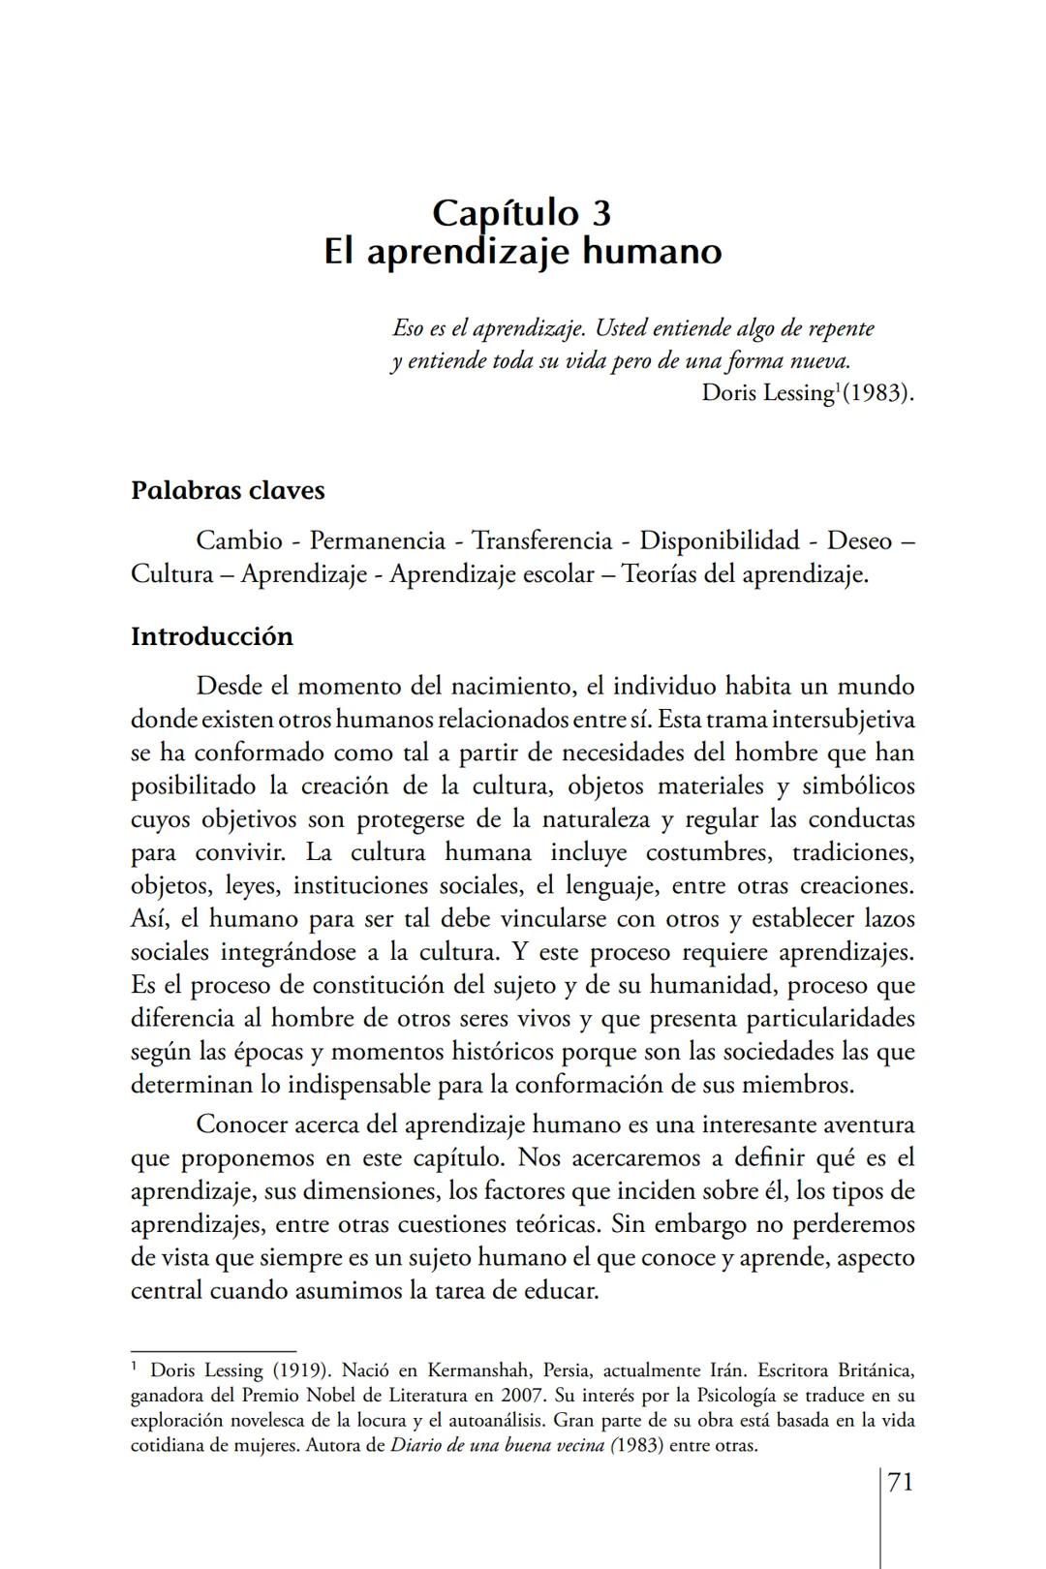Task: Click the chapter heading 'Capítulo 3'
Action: click(522, 212)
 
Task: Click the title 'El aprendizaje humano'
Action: click(522, 252)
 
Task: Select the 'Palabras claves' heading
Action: click(228, 490)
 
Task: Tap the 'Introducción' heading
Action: click(212, 636)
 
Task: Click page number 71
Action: click(900, 1482)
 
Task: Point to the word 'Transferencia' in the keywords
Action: click(541, 540)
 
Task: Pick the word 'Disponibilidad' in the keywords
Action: click(719, 540)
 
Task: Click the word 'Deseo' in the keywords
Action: click(859, 540)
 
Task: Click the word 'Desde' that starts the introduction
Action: click(229, 687)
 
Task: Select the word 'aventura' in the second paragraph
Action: click(868, 1124)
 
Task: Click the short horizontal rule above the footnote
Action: click(213, 1350)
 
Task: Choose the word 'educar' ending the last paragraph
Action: click(562, 1291)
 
